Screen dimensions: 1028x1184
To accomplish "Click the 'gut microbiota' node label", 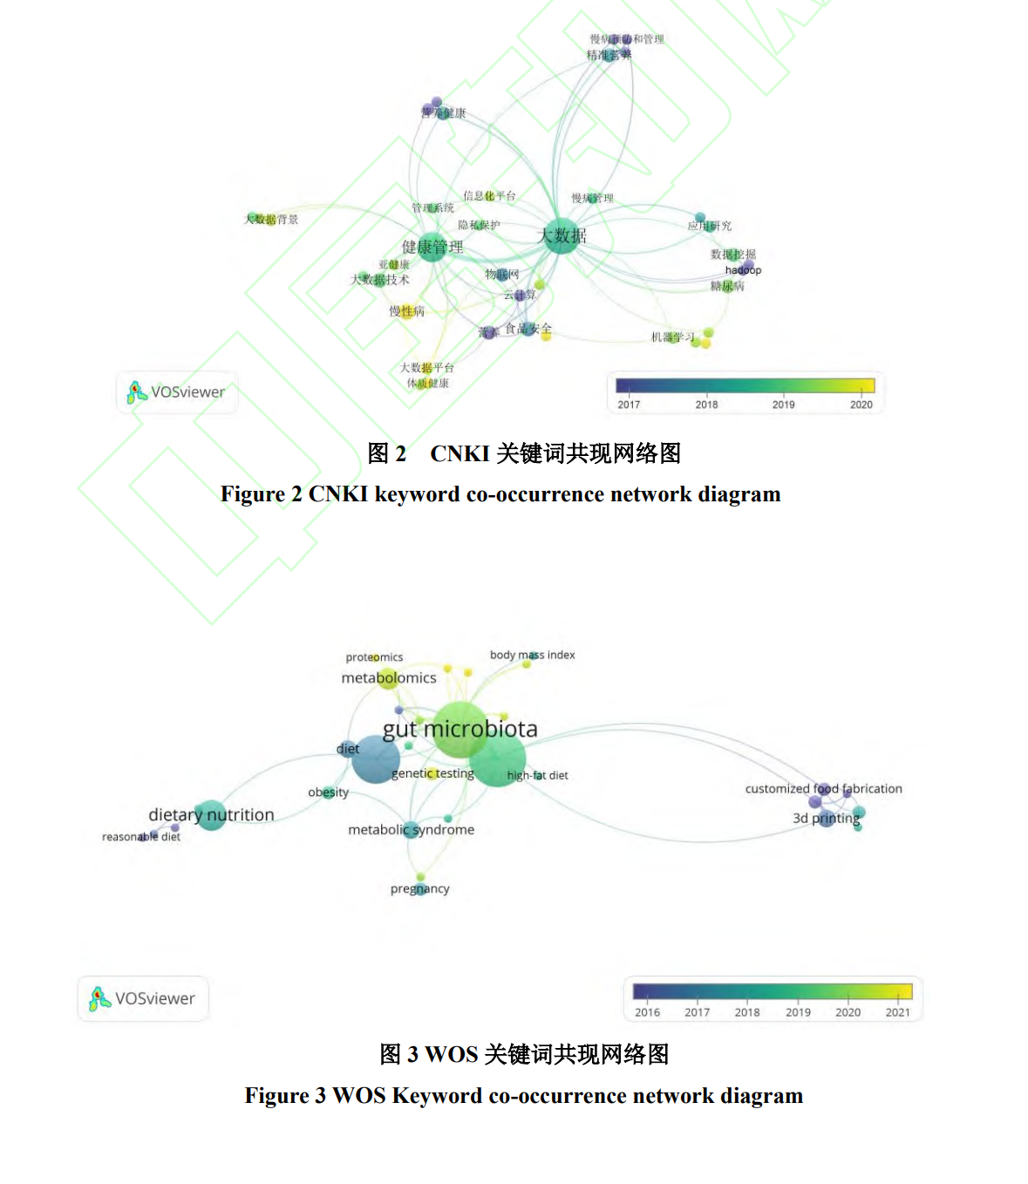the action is pyautogui.click(x=460, y=729).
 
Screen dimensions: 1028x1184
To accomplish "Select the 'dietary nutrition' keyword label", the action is pyautogui.click(x=211, y=814).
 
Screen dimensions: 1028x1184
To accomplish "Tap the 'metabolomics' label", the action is pyautogui.click(x=388, y=677).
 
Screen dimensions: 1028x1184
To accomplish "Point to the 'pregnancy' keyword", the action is pyautogui.click(x=419, y=888).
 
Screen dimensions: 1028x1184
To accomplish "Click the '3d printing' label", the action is pyautogui.click(x=826, y=818).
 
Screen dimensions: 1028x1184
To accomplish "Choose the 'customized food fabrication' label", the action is pyautogui.click(x=823, y=788).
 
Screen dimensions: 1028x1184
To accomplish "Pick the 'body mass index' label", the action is pyautogui.click(x=532, y=655).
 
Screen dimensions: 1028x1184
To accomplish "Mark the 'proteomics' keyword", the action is pyautogui.click(x=374, y=657).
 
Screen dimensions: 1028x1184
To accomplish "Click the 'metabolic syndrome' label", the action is pyautogui.click(x=411, y=829).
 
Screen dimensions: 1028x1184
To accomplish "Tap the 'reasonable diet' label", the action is pyautogui.click(x=141, y=837).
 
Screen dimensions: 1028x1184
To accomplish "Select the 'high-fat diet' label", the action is pyautogui.click(x=537, y=775).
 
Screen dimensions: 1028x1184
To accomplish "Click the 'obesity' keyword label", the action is pyautogui.click(x=328, y=793).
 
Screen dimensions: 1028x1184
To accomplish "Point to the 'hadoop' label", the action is pyautogui.click(x=743, y=270).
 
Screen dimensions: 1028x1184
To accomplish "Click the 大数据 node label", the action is pyautogui.click(x=562, y=235).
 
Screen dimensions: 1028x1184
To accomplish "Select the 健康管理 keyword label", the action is pyautogui.click(x=432, y=247).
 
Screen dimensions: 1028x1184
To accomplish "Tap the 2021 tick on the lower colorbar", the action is pyautogui.click(x=897, y=1012).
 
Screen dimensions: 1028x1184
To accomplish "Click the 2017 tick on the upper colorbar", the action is pyautogui.click(x=629, y=405).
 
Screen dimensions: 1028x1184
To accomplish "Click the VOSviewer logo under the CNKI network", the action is pyautogui.click(x=177, y=392).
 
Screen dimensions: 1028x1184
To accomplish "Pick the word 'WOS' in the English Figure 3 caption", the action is pyautogui.click(x=358, y=1095).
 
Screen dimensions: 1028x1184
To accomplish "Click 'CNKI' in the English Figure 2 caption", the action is pyautogui.click(x=340, y=494).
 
